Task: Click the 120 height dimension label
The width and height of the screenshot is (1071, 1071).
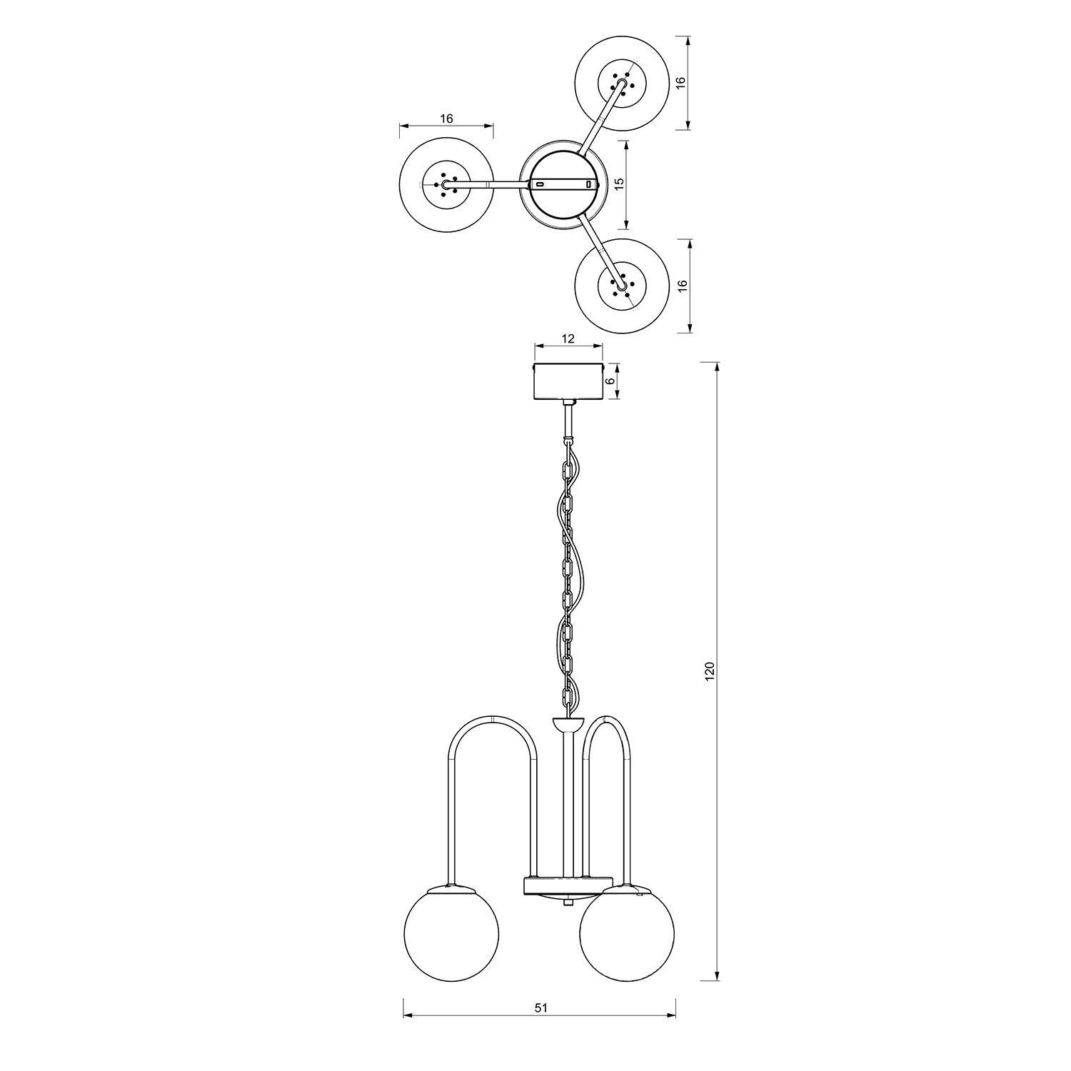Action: click(710, 671)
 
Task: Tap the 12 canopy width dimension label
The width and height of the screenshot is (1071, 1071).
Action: click(568, 338)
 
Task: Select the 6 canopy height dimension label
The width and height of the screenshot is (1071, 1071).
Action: click(610, 381)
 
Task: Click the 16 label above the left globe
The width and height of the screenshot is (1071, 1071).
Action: click(446, 119)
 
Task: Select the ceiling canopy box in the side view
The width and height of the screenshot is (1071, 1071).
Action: click(569, 382)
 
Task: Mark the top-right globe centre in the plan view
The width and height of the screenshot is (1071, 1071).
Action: click(620, 84)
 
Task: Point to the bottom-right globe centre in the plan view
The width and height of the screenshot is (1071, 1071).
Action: click(621, 285)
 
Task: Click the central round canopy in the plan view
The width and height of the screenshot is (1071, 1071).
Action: click(564, 183)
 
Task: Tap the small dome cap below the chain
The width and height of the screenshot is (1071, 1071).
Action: click(568, 725)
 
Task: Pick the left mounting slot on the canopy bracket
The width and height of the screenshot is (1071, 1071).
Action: click(540, 184)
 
